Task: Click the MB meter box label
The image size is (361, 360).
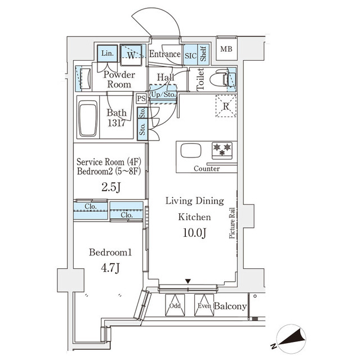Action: coord(226,49)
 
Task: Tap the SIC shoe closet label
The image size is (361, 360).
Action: coord(190,55)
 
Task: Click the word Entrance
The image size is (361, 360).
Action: coord(165,55)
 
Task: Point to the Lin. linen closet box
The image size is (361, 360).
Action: coord(108,53)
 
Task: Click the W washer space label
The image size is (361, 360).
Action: coord(131,55)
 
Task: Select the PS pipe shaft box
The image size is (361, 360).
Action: coord(141,98)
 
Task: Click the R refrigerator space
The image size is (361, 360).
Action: coord(225,106)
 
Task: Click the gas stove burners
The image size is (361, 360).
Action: coord(221,150)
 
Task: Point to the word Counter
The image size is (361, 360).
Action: coord(207,169)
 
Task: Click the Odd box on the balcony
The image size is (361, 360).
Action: coord(175,306)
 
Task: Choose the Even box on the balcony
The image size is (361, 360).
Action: coord(204,306)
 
